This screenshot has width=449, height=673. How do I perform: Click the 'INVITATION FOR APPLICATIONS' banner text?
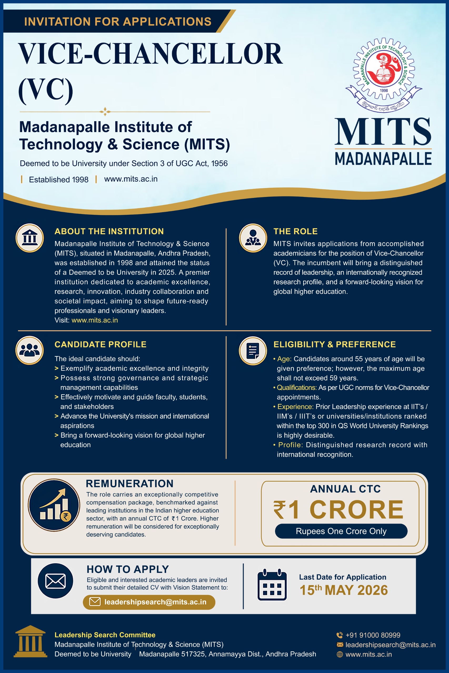pyautogui.click(x=118, y=22)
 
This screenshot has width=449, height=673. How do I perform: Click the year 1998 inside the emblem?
pyautogui.click(x=384, y=90)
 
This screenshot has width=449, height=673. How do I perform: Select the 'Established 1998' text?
pyautogui.click(x=58, y=180)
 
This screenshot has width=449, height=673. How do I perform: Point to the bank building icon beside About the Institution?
pyautogui.click(x=29, y=238)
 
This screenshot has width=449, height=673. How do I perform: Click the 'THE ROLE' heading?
pyautogui.click(x=295, y=231)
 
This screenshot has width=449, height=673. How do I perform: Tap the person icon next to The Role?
pyautogui.click(x=253, y=238)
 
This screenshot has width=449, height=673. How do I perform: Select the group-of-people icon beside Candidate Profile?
pyautogui.click(x=29, y=350)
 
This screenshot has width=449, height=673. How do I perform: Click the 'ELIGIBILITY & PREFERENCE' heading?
pyautogui.click(x=335, y=344)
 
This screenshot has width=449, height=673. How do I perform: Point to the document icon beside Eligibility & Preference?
pyautogui.click(x=253, y=351)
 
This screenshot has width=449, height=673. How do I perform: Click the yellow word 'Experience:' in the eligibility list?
pyautogui.click(x=295, y=406)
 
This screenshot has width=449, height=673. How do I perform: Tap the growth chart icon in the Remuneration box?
pyautogui.click(x=54, y=505)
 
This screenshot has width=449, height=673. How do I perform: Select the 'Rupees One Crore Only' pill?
pyautogui.click(x=341, y=531)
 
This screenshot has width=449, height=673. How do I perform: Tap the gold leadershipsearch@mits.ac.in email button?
pyautogui.click(x=149, y=602)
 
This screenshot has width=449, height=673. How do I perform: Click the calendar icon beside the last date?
pyautogui.click(x=272, y=585)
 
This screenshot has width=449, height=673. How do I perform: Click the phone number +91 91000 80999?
pyautogui.click(x=373, y=635)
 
